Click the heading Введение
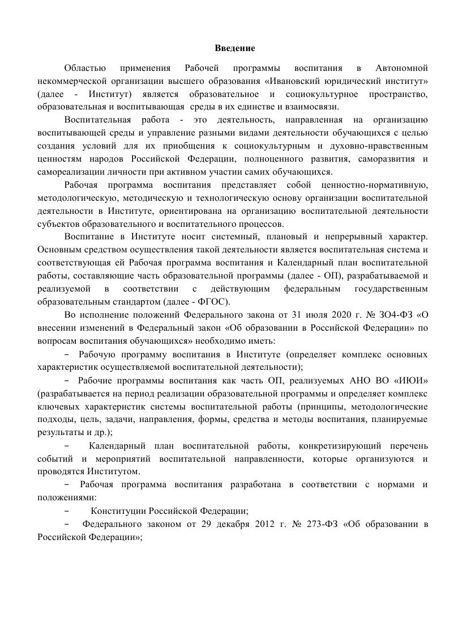point(235,48)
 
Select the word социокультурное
point(320,94)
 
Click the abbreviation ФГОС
point(211,301)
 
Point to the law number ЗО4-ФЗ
point(395,314)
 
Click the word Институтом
point(115,471)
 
